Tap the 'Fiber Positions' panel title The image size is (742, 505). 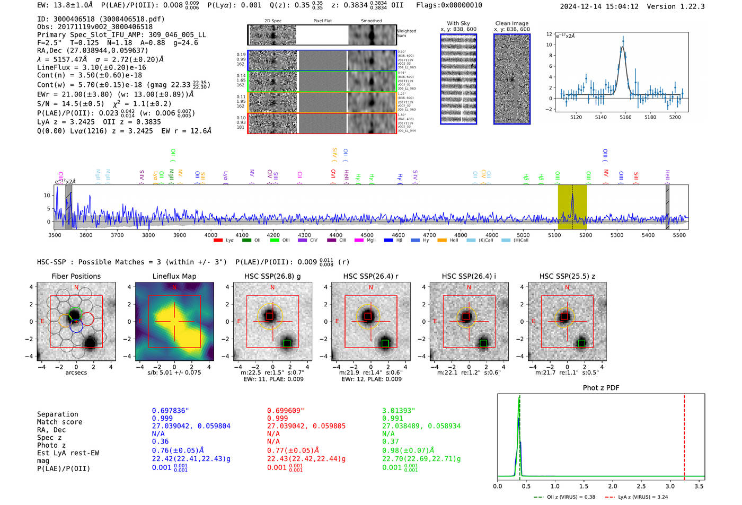pos(76,276)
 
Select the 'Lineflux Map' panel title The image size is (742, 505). pos(174,276)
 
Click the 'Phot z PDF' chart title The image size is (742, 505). pos(600,388)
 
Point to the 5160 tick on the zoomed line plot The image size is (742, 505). pos(625,117)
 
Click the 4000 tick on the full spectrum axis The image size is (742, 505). pos(211,235)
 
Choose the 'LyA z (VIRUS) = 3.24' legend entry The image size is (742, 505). pos(636,497)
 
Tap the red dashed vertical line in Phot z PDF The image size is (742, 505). pos(684,435)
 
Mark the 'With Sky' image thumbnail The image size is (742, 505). pos(458,79)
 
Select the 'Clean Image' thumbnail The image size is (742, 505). pos(511,79)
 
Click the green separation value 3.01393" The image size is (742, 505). pos(399,411)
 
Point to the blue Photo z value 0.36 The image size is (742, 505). pos(160,441)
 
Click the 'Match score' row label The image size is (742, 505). pos(59,422)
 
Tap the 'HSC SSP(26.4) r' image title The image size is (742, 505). pos(370,276)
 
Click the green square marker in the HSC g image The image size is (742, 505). pos(287,343)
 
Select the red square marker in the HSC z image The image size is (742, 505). pos(564,316)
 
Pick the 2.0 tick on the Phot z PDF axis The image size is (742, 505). pos(613,486)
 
